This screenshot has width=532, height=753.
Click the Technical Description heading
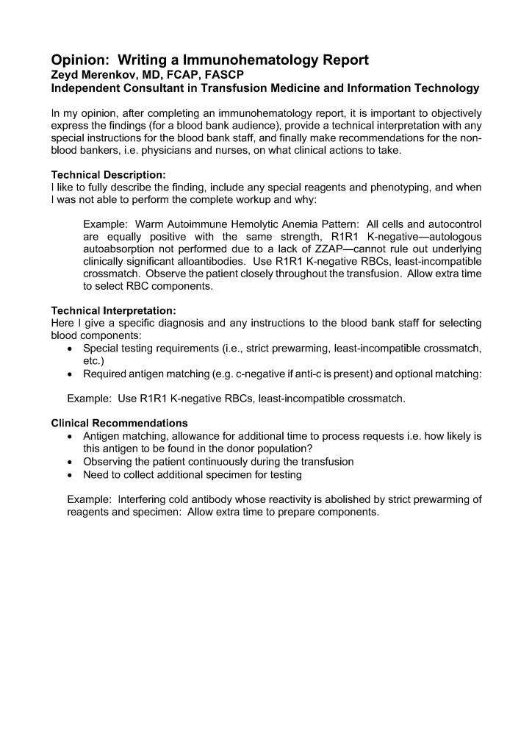(109, 175)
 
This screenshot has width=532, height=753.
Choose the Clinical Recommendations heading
(119, 423)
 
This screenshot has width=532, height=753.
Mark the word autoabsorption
(121, 250)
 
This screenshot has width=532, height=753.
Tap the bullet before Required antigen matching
(71, 374)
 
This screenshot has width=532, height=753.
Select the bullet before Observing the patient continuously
(71, 462)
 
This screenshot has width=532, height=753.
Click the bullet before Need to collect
(71, 474)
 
